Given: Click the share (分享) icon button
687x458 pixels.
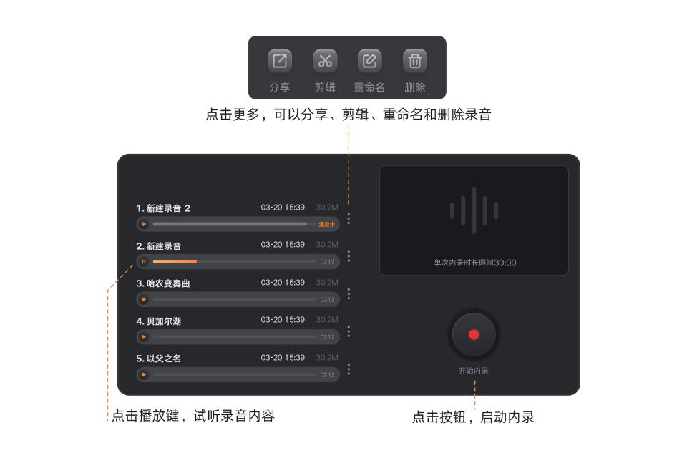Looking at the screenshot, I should (280, 61).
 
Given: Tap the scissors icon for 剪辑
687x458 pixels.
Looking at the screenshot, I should (325, 61).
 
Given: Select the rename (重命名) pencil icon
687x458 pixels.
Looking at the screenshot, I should (369, 61).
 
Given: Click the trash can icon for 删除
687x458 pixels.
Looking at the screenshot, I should (414, 61).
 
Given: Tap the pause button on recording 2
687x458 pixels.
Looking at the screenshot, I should (144, 262).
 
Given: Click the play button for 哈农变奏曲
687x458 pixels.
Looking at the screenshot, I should (144, 299).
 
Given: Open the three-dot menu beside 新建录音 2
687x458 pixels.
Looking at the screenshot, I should (349, 218).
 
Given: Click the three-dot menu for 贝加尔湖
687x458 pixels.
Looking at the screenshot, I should (349, 331).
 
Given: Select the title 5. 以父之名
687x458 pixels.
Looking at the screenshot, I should (159, 359).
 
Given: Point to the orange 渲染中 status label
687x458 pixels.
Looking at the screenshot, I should (327, 225).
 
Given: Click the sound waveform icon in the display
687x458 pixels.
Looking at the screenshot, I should (473, 210).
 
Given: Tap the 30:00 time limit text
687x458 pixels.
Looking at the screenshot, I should (505, 263).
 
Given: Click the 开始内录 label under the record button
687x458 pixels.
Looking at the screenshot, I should (473, 371).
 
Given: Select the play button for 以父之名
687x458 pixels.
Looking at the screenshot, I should (144, 374).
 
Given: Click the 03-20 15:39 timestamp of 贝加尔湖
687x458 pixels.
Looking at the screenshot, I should (283, 320).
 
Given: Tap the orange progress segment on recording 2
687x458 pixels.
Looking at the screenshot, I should (175, 262).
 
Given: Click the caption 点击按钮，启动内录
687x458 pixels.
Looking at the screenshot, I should (473, 417).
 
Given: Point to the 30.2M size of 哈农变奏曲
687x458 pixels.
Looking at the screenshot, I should (327, 283).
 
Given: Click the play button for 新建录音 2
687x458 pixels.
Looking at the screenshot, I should (144, 224).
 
